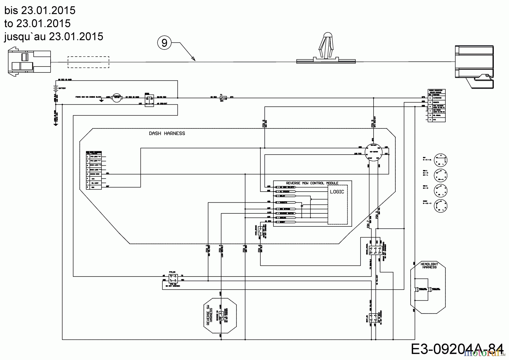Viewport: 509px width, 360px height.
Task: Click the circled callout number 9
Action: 164,43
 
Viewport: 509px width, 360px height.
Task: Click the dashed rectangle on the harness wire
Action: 88,62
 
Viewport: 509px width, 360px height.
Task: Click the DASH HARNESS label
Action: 167,133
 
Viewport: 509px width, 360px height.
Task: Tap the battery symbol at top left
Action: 56,88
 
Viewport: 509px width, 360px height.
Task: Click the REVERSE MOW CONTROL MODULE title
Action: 312,183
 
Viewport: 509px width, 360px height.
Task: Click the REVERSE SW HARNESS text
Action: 210,315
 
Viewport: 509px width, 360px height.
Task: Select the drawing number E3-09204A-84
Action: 457,349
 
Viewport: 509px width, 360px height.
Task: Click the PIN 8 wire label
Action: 264,124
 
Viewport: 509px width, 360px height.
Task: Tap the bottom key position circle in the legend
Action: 441,205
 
